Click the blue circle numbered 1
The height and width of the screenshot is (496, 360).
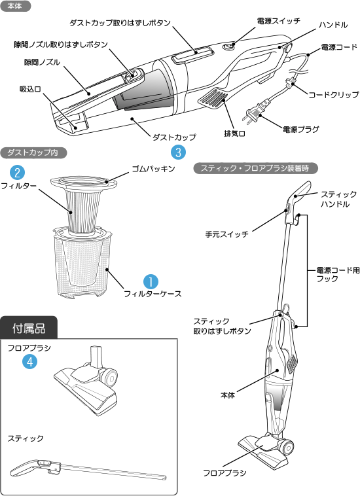click(150, 281)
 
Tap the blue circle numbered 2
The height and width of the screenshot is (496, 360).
click(19, 173)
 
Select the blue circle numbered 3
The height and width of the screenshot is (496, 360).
click(178, 152)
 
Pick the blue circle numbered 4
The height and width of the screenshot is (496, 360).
click(29, 361)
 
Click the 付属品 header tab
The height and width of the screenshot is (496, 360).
click(29, 327)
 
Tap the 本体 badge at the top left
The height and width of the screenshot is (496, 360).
click(15, 6)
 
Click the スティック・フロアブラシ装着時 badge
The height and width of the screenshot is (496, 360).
click(256, 168)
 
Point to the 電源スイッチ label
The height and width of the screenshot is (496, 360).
click(278, 22)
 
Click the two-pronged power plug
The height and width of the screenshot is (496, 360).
click(252, 115)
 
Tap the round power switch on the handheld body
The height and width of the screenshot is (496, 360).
click(229, 46)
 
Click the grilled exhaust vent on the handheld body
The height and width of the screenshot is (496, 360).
click(211, 100)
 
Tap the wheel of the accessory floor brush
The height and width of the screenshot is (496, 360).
click(109, 378)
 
